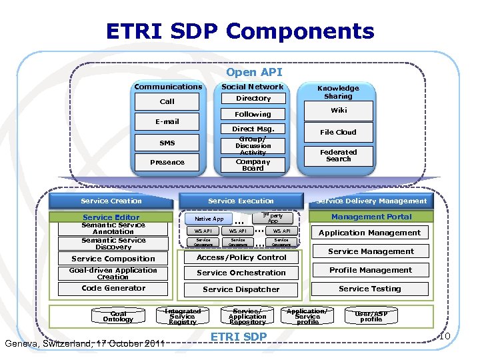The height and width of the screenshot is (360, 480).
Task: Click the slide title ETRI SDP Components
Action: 240,31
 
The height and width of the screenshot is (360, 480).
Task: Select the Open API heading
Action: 253,72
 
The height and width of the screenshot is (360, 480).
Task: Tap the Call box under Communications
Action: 167,101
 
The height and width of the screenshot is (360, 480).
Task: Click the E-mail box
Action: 167,122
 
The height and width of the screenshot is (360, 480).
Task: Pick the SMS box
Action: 167,143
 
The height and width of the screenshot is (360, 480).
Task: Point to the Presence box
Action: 167,162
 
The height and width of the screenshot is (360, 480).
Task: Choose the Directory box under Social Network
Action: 253,99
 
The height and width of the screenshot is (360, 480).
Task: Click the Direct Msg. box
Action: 253,129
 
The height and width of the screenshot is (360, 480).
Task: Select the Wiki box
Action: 338,110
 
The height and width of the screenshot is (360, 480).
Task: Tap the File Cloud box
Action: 338,132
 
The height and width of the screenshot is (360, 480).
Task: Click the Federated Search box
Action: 338,155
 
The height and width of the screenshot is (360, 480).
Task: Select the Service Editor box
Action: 111,217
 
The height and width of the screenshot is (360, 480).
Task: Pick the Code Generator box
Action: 113,289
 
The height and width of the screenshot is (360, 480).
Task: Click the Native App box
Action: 209,219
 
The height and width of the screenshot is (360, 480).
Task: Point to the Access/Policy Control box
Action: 241,257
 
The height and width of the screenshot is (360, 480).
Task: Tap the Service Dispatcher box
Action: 241,289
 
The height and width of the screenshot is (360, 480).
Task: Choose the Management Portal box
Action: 371,217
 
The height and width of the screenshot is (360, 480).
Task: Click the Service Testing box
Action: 370,289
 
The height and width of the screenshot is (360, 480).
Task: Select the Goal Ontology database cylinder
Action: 118,316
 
